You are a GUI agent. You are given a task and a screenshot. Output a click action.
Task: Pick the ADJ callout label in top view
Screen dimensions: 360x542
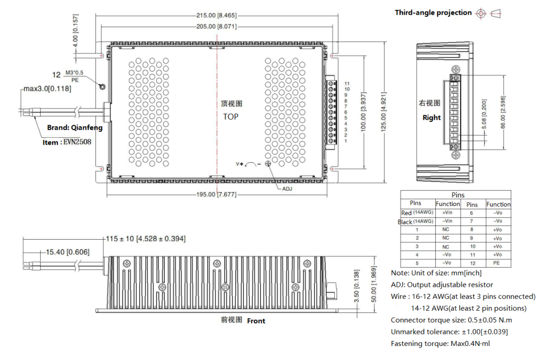point(287,189)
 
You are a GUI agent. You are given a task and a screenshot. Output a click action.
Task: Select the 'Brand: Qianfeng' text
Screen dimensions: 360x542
point(75,128)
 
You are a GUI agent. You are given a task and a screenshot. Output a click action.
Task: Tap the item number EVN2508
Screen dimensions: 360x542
point(67,143)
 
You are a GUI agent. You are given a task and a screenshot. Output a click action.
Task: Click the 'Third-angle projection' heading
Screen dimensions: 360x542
point(433,12)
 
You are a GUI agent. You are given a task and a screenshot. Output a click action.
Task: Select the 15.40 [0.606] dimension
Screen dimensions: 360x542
point(68,252)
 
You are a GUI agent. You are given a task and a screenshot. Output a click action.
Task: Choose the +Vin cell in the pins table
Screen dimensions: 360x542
point(448,213)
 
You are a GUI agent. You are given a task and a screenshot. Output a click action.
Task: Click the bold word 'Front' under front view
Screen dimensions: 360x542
point(256,321)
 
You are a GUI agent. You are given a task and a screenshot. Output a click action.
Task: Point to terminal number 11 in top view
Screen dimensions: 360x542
point(347,83)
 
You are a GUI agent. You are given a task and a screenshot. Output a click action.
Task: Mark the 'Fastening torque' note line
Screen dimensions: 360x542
point(441,343)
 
